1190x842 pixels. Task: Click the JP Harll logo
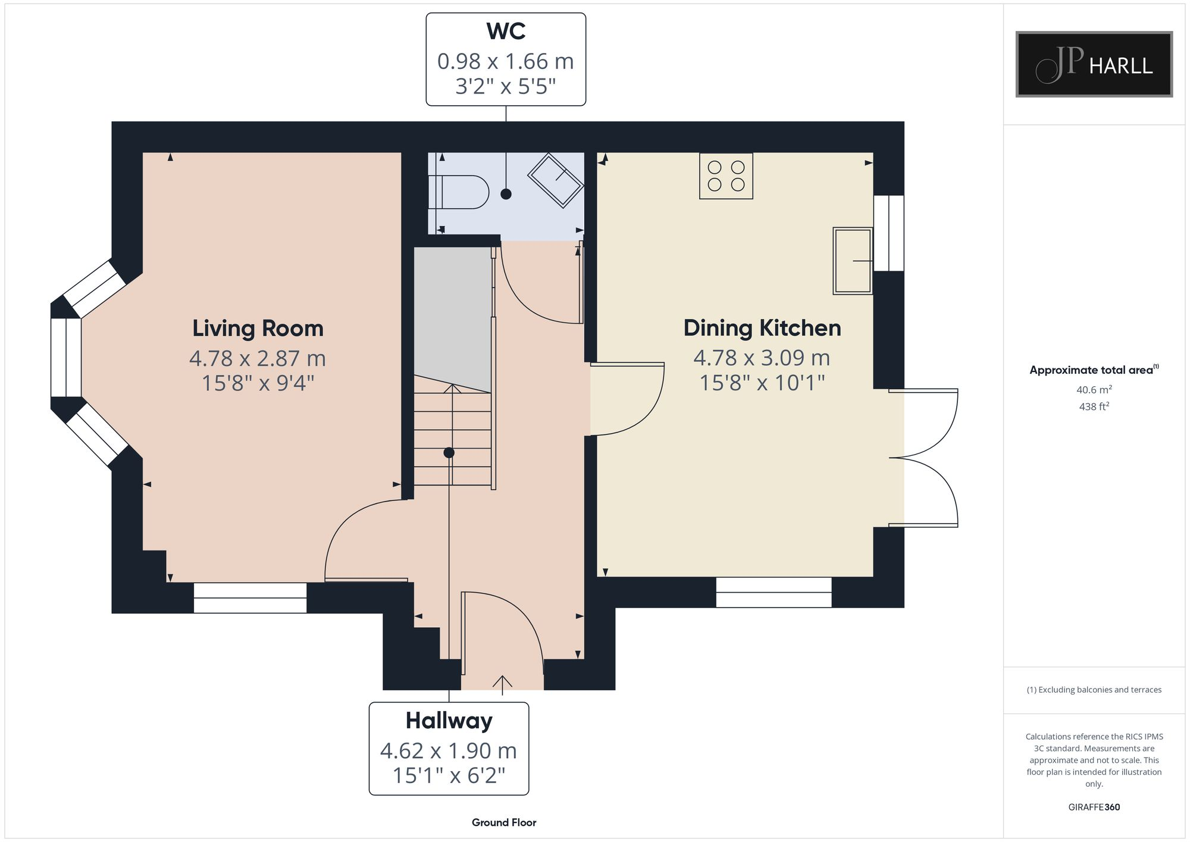[1094, 64]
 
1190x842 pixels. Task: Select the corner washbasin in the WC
[555, 180]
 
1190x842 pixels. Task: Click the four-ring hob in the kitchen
[726, 176]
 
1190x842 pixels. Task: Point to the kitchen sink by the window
[853, 261]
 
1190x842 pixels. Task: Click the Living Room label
[258, 328]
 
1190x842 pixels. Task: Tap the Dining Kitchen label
[762, 328]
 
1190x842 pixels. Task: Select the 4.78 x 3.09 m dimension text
[762, 358]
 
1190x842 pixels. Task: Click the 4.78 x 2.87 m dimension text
[258, 358]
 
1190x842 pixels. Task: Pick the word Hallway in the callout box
[449, 721]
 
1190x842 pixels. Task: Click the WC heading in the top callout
[506, 31]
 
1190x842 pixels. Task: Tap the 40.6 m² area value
[1094, 390]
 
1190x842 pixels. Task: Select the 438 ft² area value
[1094, 406]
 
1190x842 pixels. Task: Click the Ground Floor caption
[504, 822]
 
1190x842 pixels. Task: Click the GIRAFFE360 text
[1094, 807]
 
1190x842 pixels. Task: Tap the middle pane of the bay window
[66, 358]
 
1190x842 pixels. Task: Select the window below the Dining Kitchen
[773, 592]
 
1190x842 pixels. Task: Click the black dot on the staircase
[449, 453]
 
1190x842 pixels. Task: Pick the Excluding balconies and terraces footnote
[1094, 690]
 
